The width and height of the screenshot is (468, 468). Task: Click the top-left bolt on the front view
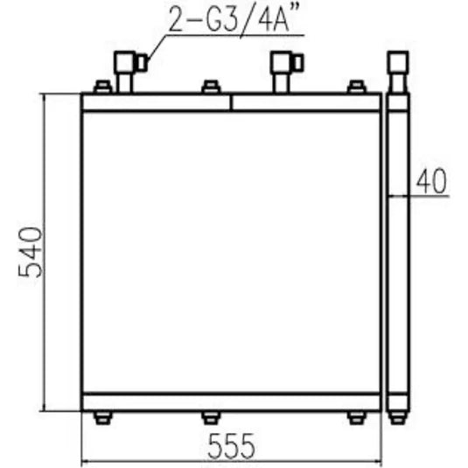[101, 87]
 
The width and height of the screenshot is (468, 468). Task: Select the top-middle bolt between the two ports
[210, 87]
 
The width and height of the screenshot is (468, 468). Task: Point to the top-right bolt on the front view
[355, 87]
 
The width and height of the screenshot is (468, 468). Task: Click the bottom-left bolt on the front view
[101, 417]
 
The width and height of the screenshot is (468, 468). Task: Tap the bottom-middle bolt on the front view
[210, 417]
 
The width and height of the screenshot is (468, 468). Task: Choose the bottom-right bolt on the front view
[355, 417]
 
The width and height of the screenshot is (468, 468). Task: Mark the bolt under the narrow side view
[398, 417]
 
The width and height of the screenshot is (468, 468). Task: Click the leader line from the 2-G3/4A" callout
[157, 48]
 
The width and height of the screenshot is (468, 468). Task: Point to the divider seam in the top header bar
[231, 101]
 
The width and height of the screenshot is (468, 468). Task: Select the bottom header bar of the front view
[231, 402]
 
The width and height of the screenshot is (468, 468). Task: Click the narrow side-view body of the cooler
[398, 262]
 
